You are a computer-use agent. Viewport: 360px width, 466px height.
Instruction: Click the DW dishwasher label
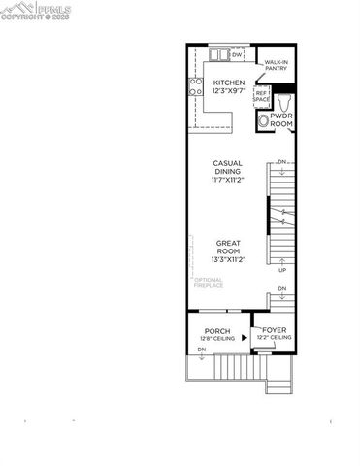[236, 55]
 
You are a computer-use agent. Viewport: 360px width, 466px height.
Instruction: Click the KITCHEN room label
[229, 83]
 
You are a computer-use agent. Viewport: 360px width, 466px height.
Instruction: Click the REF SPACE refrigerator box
[261, 96]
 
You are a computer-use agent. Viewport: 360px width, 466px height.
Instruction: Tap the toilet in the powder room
[284, 101]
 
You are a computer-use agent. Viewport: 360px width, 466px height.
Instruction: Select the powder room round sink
[263, 121]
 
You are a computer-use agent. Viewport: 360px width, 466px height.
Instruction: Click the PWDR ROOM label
[281, 121]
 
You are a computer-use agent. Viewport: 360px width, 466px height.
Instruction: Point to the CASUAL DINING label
[228, 168]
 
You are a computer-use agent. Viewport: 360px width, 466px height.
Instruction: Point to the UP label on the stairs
[282, 270]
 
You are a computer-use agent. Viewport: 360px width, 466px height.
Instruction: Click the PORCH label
[216, 331]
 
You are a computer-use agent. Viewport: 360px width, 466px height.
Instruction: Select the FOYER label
[276, 331]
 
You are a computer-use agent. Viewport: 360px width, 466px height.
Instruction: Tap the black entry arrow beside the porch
[245, 338]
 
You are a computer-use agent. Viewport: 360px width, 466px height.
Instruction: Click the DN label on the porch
[201, 349]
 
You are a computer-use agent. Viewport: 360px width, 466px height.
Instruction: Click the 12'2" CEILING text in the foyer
[276, 339]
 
